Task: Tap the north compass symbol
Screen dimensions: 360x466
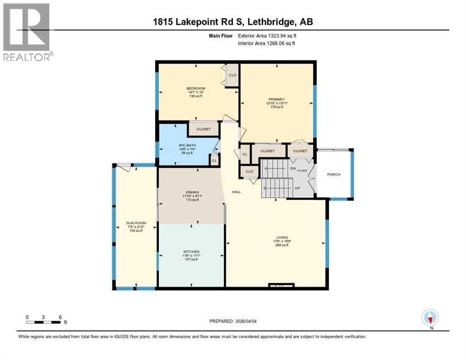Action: click(430, 318)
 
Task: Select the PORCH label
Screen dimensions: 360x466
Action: click(334, 174)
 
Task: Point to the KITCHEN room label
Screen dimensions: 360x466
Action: click(191, 252)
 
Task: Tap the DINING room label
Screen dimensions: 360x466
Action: click(192, 192)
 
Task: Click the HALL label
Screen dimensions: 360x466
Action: click(236, 192)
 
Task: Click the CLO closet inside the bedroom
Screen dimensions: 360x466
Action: click(232, 75)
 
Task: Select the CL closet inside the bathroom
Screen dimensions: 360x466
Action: click(214, 160)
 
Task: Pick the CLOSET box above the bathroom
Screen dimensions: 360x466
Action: click(203, 129)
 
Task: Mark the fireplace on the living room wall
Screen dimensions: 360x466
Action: click(281, 285)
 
